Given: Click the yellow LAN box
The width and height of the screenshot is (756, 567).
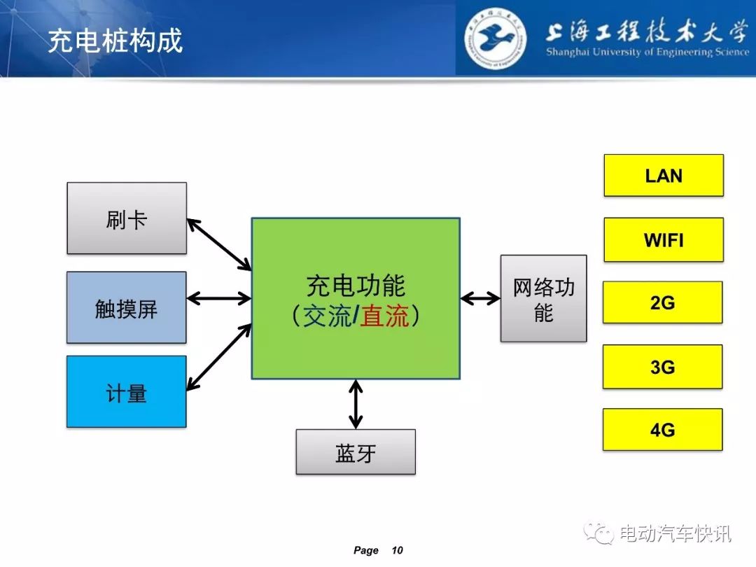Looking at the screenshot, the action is tap(664, 176).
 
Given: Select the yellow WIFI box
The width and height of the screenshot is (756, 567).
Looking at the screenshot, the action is tap(664, 239).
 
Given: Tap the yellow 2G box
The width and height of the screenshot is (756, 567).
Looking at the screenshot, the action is tap(663, 302).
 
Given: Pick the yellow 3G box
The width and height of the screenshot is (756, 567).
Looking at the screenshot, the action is tap(663, 367).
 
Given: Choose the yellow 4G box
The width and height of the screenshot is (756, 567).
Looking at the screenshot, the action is tap(663, 430).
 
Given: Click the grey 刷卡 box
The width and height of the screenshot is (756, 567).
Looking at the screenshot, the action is tap(127, 218).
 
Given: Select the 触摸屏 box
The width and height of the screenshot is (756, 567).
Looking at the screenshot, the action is tap(126, 307).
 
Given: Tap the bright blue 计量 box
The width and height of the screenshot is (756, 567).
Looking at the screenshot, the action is tap(126, 391).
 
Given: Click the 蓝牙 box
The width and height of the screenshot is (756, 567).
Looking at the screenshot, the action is tap(356, 452).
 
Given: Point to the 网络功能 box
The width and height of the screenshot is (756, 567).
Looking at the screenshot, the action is tap(544, 298).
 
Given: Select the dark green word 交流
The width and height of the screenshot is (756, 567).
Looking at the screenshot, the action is tap(328, 316).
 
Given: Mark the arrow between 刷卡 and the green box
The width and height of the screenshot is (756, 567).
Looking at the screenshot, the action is tap(219, 244).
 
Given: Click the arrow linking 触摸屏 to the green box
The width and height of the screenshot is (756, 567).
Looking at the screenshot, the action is tap(219, 298).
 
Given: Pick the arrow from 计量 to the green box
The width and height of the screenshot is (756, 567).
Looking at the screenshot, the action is tap(219, 357).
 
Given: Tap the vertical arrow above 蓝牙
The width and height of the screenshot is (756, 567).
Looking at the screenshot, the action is tap(356, 404).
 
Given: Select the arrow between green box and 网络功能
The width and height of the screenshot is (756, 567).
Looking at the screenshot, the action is tap(480, 298).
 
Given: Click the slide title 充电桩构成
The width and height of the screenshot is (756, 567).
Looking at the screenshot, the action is tap(115, 40).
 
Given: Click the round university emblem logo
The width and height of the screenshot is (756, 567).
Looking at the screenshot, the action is tap(496, 38).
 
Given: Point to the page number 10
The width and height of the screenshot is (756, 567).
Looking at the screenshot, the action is tap(398, 550).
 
